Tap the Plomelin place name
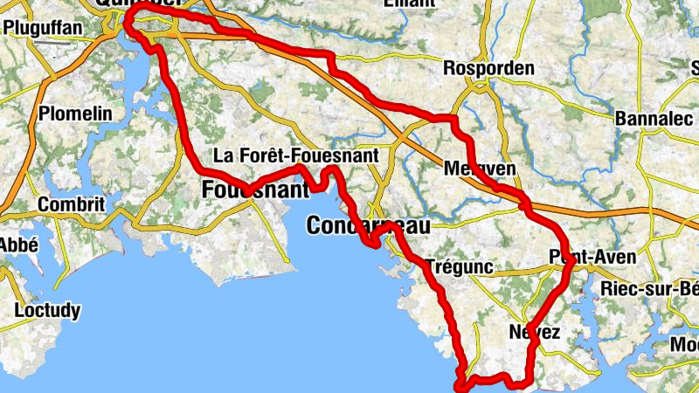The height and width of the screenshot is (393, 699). [76, 114]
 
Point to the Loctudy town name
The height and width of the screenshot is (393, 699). [48, 310]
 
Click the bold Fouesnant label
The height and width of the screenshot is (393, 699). [255, 189]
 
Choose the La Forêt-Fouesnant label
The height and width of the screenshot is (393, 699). [295, 156]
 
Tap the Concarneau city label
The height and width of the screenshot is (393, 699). [369, 226]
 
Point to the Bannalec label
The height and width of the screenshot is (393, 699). [653, 118]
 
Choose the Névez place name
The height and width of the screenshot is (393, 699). [533, 332]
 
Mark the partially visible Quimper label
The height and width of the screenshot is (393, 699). [149, 4]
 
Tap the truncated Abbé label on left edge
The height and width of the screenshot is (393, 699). [17, 245]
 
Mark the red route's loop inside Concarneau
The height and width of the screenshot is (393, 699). [378, 234]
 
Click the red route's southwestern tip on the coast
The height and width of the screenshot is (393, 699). [460, 383]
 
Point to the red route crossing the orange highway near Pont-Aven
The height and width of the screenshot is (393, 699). [523, 205]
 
